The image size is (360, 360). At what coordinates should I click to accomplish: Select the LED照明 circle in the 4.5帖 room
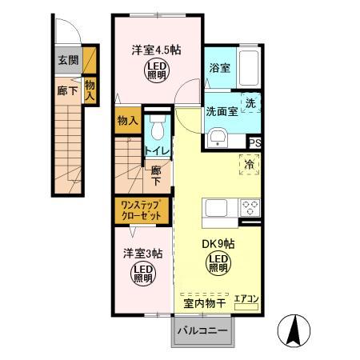click(156, 71)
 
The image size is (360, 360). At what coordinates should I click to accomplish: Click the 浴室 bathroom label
click(218, 68)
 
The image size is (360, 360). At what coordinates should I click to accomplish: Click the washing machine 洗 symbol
click(250, 105)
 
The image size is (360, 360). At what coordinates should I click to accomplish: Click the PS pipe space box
click(254, 142)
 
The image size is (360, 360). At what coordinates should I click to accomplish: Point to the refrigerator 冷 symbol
click(250, 165)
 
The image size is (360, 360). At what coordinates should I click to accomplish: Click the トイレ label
click(155, 150)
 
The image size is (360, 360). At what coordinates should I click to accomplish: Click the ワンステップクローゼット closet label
click(141, 210)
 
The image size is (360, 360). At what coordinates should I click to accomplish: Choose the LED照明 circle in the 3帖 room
click(142, 274)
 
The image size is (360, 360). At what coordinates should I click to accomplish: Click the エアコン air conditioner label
click(246, 299)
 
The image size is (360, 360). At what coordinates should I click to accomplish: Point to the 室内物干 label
click(202, 303)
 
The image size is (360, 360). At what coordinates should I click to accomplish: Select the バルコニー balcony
click(202, 330)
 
